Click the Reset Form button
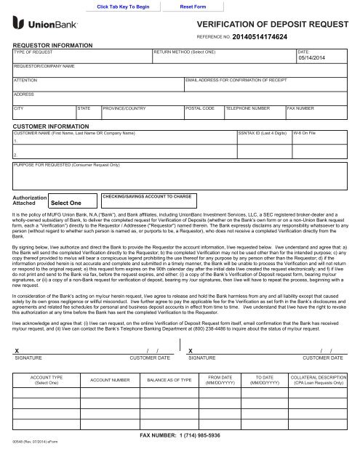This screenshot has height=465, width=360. (193, 6)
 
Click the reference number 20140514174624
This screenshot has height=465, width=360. (259, 36)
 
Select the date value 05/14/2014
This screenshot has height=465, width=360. (314, 60)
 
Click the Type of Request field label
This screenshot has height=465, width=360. (34, 53)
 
